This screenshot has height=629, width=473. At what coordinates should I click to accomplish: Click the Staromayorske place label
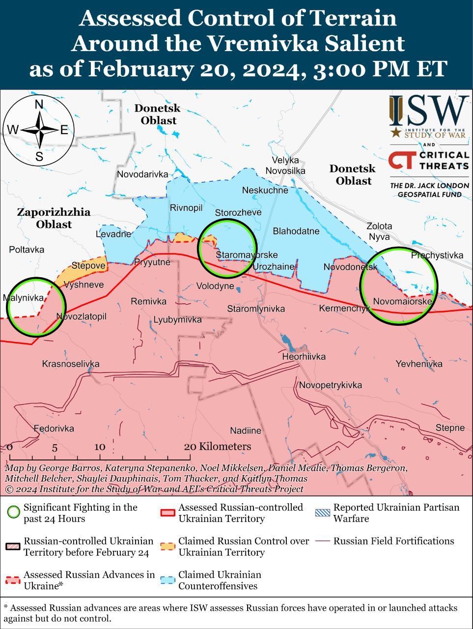click(247, 255)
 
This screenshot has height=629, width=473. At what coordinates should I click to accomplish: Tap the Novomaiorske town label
click(402, 301)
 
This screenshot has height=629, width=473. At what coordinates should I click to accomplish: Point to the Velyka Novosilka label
click(285, 166)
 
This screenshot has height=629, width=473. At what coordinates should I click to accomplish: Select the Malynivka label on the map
click(23, 297)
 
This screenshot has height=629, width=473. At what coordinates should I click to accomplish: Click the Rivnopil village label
click(186, 208)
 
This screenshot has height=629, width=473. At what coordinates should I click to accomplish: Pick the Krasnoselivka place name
click(71, 364)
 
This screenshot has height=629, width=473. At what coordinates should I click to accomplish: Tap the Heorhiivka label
click(304, 356)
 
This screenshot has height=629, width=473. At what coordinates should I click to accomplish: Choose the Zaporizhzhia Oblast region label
click(54, 218)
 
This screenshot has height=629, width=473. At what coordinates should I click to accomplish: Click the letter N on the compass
click(39, 104)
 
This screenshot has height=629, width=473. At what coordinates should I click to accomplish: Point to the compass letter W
click(13, 130)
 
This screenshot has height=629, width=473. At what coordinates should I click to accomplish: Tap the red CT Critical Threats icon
click(402, 160)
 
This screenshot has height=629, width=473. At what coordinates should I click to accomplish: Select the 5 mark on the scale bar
click(55, 448)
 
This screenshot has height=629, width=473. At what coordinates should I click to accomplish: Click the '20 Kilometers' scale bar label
click(218, 446)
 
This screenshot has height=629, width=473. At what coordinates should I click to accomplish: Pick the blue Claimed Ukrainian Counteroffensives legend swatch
click(168, 580)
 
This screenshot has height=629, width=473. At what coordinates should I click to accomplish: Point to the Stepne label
click(450, 428)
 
